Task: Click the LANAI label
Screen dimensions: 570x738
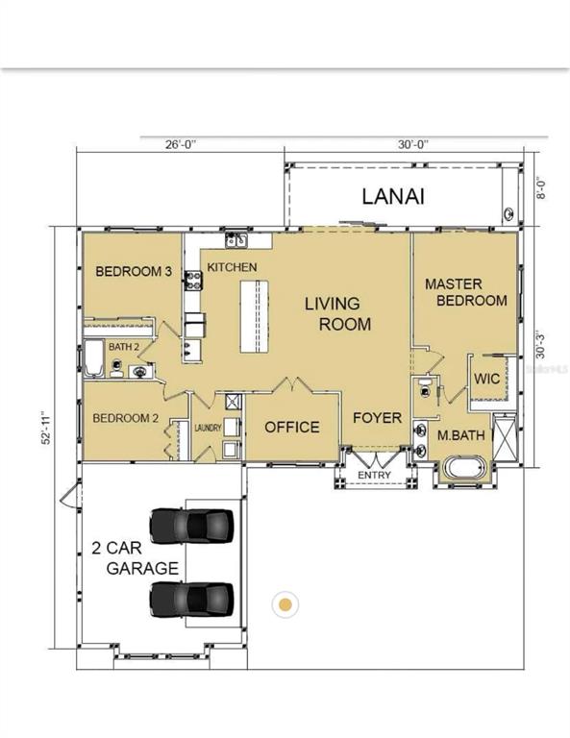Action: tap(393, 196)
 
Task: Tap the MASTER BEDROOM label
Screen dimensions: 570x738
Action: tap(466, 292)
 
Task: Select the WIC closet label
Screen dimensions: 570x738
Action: tap(486, 379)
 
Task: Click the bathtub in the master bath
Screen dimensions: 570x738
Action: tap(464, 468)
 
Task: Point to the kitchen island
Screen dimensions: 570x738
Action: tap(254, 316)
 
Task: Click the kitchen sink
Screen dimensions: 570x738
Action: tap(236, 240)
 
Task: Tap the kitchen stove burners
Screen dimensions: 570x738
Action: tap(193, 280)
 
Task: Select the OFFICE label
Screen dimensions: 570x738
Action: tap(292, 427)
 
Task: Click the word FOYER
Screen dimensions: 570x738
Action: tap(377, 417)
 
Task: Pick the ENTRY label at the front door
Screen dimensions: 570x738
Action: tap(374, 475)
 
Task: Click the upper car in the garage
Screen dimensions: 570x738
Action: tap(191, 526)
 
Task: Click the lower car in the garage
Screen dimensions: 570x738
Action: tap(191, 600)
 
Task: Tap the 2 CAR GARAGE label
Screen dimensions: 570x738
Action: tap(136, 558)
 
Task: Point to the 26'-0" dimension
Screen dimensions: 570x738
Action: tap(181, 144)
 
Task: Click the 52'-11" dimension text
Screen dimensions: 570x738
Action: tap(45, 428)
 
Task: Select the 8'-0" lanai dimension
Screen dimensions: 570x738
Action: tap(541, 187)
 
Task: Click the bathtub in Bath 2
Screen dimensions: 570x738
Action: tap(94, 358)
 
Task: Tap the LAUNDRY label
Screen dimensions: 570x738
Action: tap(208, 428)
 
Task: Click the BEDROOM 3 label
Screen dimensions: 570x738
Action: tap(134, 271)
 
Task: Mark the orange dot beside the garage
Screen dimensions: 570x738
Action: tap(285, 604)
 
